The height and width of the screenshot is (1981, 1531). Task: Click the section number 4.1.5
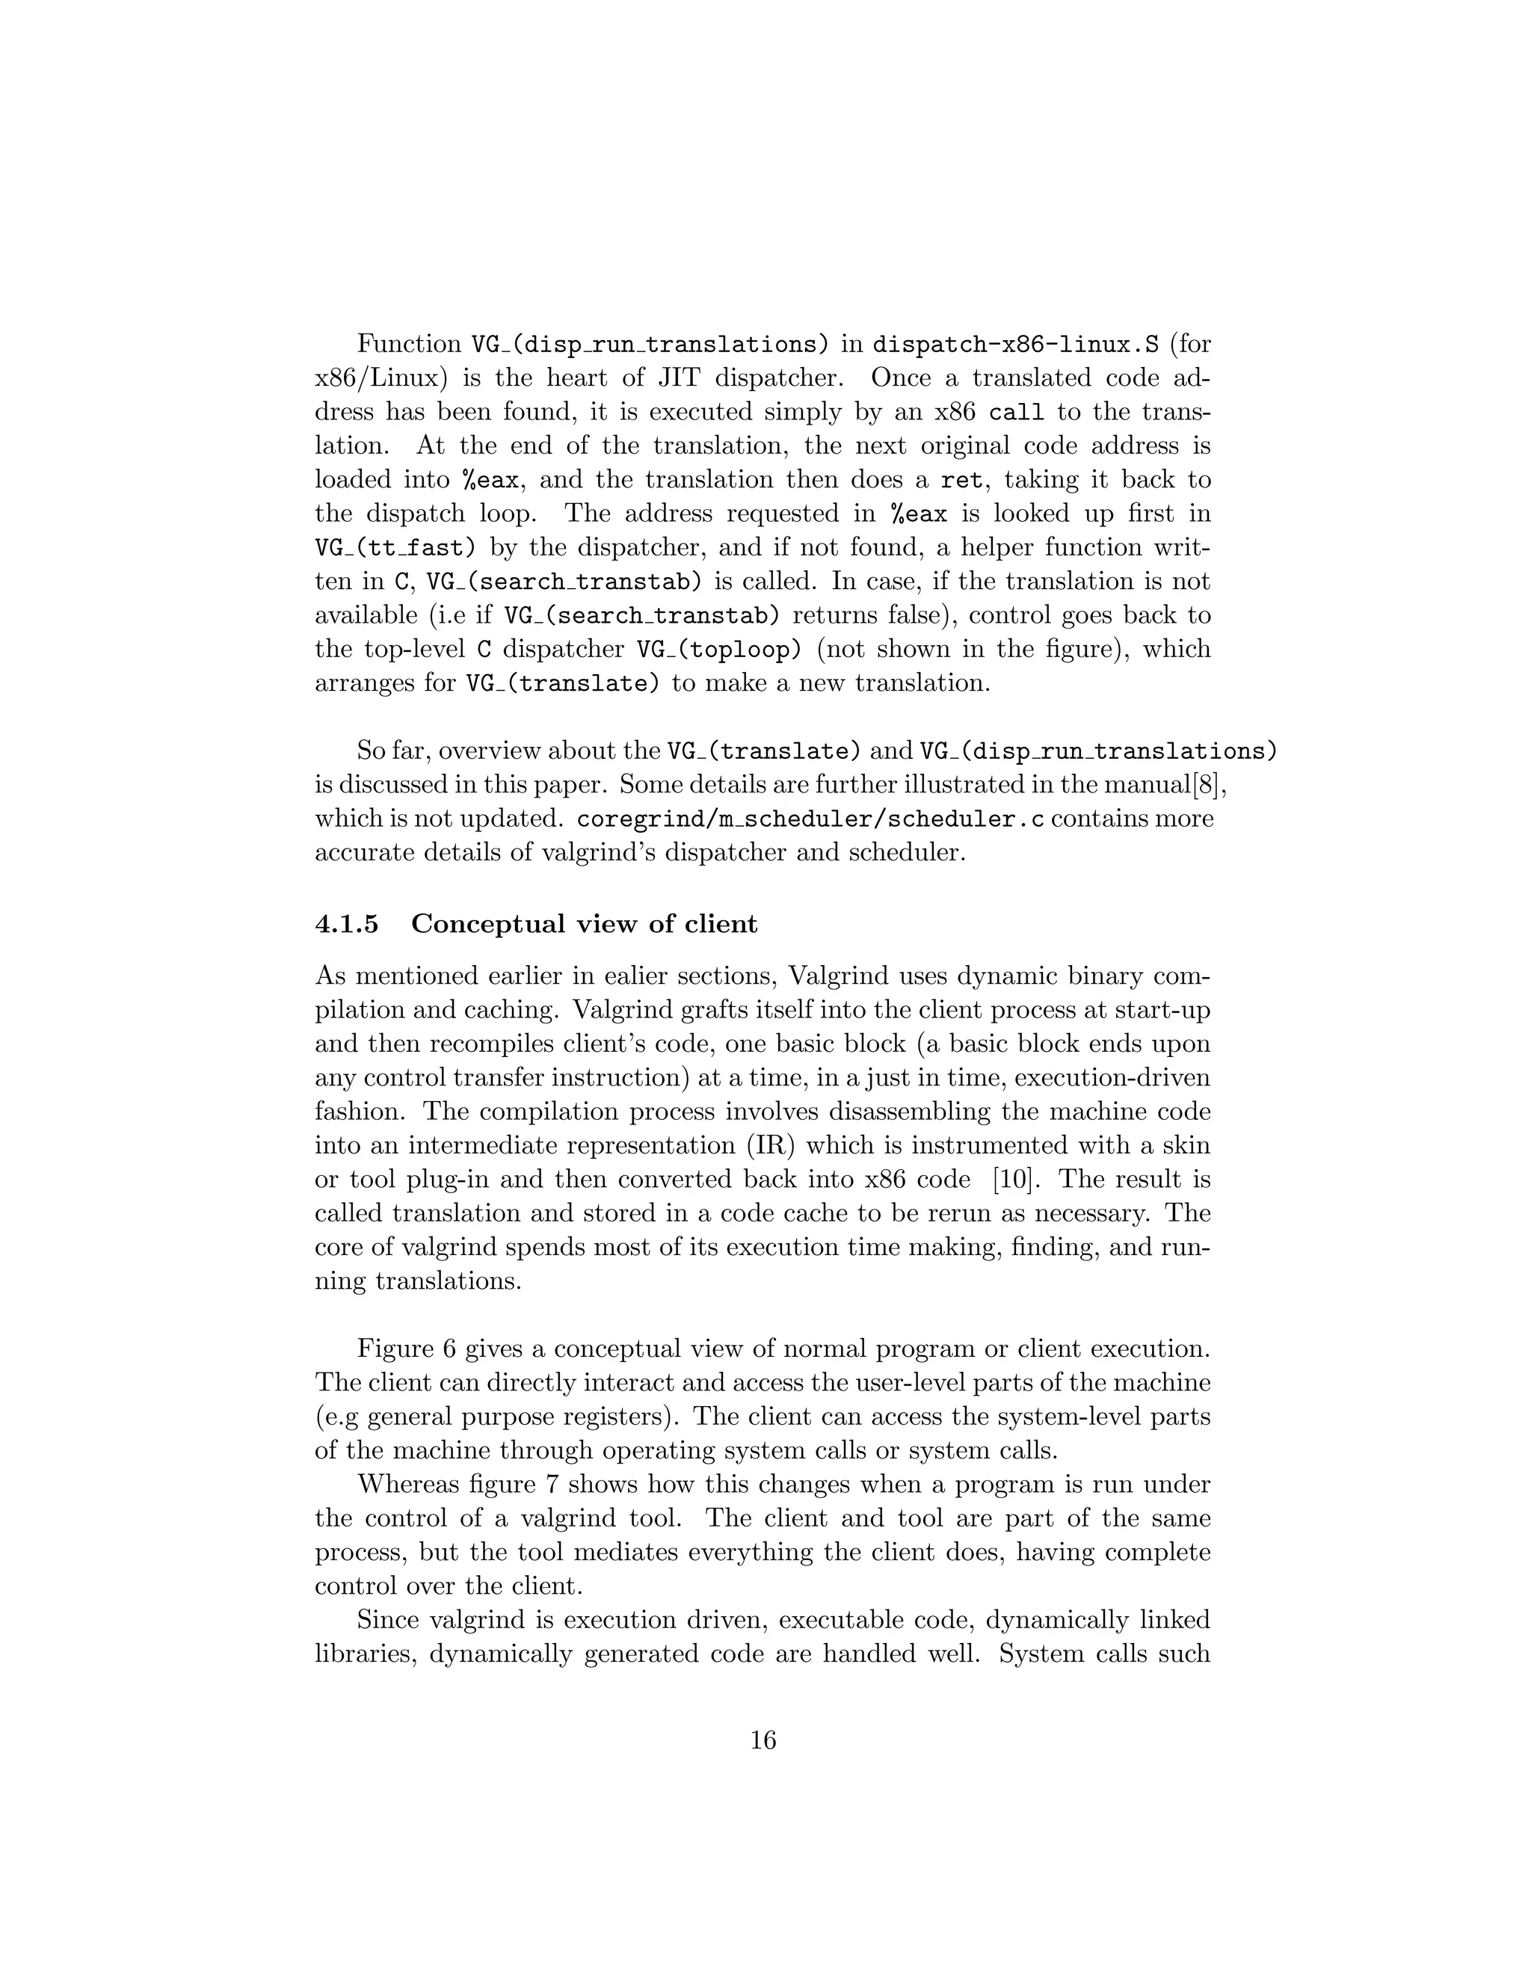(348, 924)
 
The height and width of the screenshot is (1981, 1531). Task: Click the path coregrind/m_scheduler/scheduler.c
(810, 820)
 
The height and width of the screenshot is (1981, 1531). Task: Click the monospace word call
(1016, 413)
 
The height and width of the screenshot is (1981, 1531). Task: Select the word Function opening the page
(409, 345)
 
